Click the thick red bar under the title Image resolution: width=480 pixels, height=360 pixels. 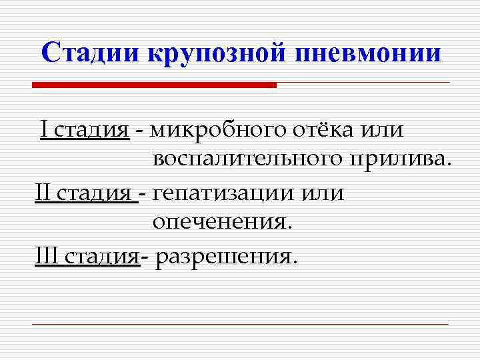point(154,85)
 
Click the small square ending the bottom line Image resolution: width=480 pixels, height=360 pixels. point(452,325)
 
